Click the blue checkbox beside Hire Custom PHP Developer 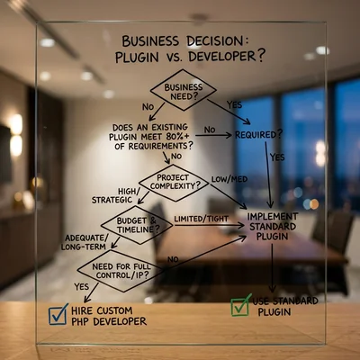[58, 314]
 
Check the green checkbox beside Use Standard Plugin [240, 305]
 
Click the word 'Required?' [258, 135]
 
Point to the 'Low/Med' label [229, 179]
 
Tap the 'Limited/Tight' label [202, 219]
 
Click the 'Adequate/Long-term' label [85, 242]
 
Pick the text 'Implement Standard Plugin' [273, 226]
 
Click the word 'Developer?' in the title [227, 56]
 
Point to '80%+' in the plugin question [177, 136]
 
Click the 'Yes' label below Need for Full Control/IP [82, 287]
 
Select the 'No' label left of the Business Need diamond [148, 106]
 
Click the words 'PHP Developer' [109, 321]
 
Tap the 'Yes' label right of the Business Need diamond [234, 104]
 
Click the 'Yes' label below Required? [277, 157]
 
